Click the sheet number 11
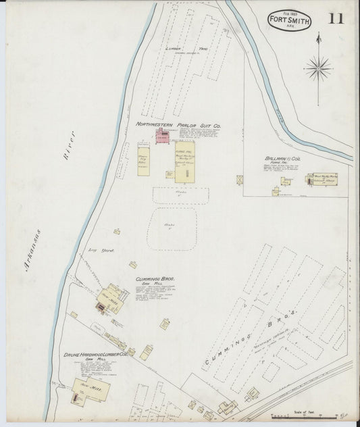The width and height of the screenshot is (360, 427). [336, 18]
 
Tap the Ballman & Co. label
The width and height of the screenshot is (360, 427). [282, 159]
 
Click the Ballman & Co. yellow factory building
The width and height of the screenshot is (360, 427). [322, 181]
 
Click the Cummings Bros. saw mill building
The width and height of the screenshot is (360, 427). [111, 299]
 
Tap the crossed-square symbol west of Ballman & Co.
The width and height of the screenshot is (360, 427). [240, 180]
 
